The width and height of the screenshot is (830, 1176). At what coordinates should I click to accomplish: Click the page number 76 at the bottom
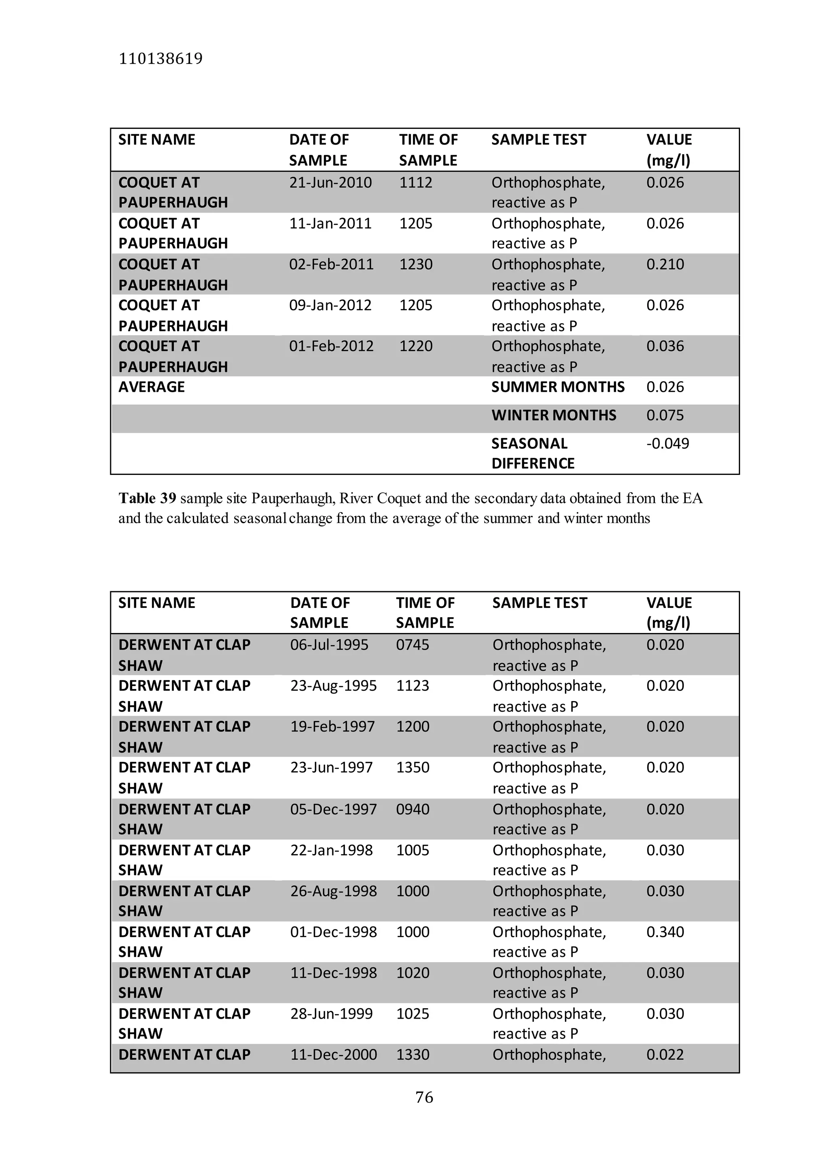424,1097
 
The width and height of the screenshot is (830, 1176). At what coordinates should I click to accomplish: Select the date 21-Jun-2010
330,183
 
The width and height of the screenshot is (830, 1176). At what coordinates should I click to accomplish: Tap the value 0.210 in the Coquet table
665,264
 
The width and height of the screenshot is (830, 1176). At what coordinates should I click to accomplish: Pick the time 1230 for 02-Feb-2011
416,264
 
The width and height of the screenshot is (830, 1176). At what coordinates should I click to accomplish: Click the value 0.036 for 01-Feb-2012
665,346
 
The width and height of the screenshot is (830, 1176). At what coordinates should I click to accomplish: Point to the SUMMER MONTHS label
558,387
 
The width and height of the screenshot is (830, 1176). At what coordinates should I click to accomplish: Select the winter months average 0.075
665,415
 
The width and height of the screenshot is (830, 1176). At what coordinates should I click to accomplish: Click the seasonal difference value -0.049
667,444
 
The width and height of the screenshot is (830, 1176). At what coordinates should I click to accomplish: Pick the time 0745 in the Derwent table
412,645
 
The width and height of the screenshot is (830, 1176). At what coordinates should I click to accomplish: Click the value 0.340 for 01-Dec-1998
665,932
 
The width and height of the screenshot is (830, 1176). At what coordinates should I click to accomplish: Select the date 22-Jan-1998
331,850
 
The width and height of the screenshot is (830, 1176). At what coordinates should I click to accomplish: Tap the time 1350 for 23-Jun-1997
412,768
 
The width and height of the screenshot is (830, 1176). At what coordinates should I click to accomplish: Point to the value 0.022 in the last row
665,1055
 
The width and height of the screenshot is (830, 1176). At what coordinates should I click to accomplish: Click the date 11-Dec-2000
333,1055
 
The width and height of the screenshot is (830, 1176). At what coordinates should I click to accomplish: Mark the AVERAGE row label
152,387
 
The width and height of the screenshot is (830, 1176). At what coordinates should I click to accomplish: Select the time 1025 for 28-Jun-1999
412,1014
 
